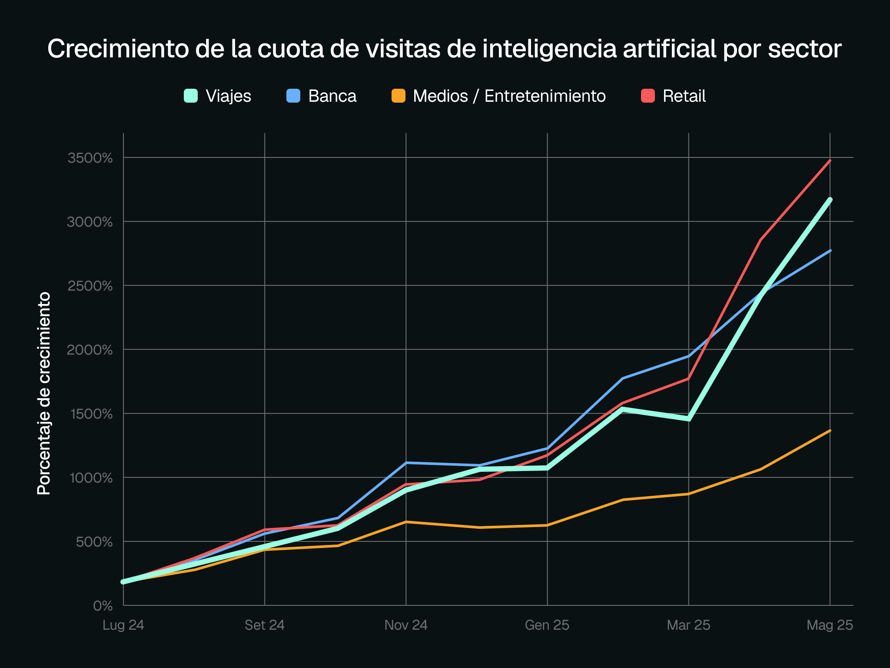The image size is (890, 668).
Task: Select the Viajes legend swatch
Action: tap(191, 96)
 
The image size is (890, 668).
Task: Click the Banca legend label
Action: tap(332, 96)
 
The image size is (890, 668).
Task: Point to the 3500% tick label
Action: tap(90, 158)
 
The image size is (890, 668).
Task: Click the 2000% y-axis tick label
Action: tap(90, 350)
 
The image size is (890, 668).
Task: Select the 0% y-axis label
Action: tap(103, 606)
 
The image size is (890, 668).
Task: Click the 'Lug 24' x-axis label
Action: tap(123, 625)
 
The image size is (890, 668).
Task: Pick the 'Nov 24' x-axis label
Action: tap(406, 625)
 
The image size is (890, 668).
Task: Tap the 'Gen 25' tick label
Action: tap(547, 625)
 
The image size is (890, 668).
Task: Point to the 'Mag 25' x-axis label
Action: tap(830, 625)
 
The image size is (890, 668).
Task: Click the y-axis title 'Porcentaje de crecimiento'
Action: tap(44, 394)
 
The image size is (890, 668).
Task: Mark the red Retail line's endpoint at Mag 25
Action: tap(830, 160)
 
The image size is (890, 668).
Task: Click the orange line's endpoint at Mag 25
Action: tap(830, 431)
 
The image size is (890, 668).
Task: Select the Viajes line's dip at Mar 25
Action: tap(689, 419)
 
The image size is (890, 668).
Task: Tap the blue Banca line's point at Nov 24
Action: tap(406, 463)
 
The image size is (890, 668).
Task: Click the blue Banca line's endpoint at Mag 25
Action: tap(830, 250)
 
